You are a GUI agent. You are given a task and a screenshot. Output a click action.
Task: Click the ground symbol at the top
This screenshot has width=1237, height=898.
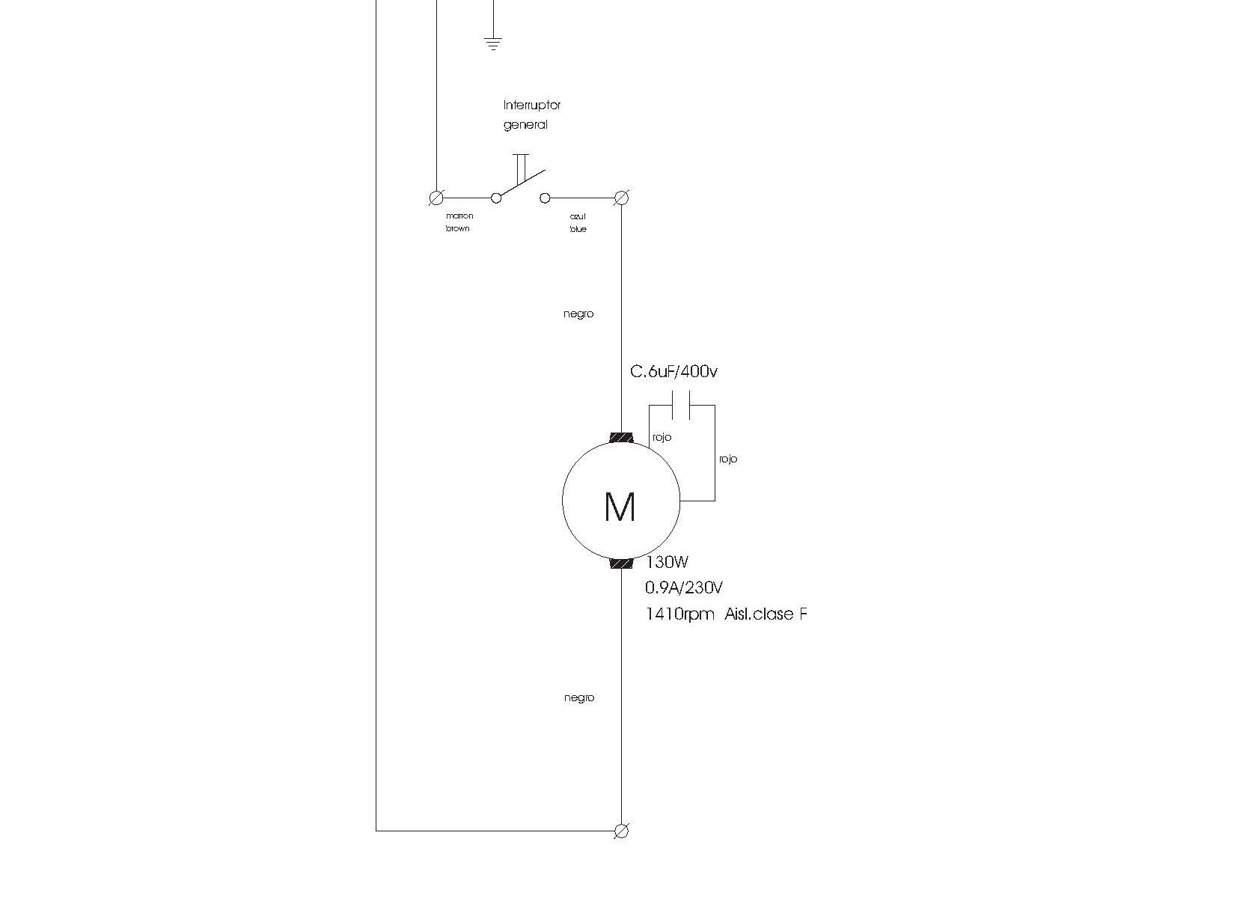[x=492, y=43]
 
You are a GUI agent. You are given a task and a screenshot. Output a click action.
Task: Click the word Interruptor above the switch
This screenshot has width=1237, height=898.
[x=531, y=106]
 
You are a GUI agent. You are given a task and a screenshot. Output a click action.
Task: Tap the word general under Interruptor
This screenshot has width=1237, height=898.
[x=525, y=125]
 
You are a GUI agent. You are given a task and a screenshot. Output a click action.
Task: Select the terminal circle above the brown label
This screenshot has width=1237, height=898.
[x=435, y=198]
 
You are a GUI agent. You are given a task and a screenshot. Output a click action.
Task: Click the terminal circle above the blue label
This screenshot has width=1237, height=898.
[x=621, y=198]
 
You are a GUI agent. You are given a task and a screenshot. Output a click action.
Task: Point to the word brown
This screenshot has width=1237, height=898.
[x=457, y=229]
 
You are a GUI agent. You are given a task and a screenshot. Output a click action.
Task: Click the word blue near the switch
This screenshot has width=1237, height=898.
[x=578, y=229]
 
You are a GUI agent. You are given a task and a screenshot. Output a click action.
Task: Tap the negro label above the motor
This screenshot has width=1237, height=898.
[x=578, y=314]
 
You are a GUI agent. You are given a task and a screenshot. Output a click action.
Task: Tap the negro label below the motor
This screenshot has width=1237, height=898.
[x=578, y=698]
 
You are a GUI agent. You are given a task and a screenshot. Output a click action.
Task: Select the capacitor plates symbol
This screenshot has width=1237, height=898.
[x=681, y=406]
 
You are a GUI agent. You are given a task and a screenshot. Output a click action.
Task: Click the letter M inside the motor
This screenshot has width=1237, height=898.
[x=620, y=507]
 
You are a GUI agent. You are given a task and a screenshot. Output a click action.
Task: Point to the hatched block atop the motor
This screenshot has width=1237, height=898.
[x=621, y=438]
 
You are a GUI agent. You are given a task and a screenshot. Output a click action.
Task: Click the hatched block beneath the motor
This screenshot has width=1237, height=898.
[x=621, y=563]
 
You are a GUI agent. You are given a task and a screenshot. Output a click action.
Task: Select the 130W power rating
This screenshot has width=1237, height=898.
[x=667, y=563]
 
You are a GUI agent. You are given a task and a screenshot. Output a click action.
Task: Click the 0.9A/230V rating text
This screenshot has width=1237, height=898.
[x=683, y=588]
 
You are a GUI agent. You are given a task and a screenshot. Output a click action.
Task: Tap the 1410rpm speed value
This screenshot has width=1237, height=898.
[x=679, y=615]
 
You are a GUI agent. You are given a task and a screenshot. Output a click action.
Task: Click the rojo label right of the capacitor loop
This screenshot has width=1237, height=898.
[x=727, y=459]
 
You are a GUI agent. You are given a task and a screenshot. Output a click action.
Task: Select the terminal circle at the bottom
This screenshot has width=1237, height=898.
[x=621, y=831]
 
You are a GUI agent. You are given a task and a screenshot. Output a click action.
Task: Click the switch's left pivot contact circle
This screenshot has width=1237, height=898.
[x=495, y=198]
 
